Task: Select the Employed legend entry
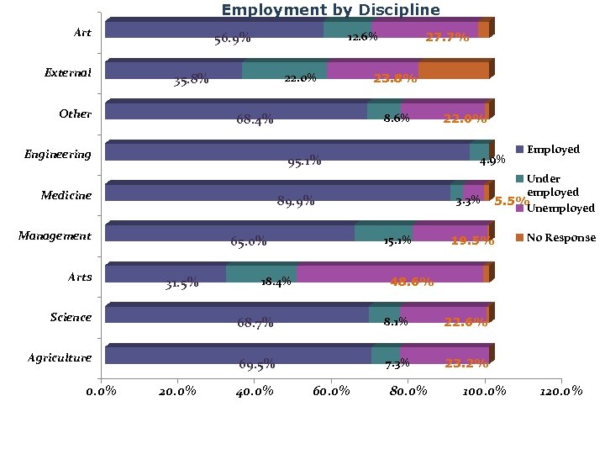coord(553,149)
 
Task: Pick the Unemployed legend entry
coord(560,208)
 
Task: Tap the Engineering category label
coord(58,155)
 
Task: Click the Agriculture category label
coord(60,358)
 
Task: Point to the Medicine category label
coord(66,195)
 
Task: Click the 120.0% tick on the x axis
coord(560,391)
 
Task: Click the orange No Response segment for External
coord(454,71)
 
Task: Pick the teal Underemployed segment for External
coord(284,71)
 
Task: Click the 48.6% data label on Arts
coord(411,282)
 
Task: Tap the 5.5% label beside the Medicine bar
coord(511,202)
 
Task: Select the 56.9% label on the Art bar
coord(232,39)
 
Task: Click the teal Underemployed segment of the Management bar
coord(383,233)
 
